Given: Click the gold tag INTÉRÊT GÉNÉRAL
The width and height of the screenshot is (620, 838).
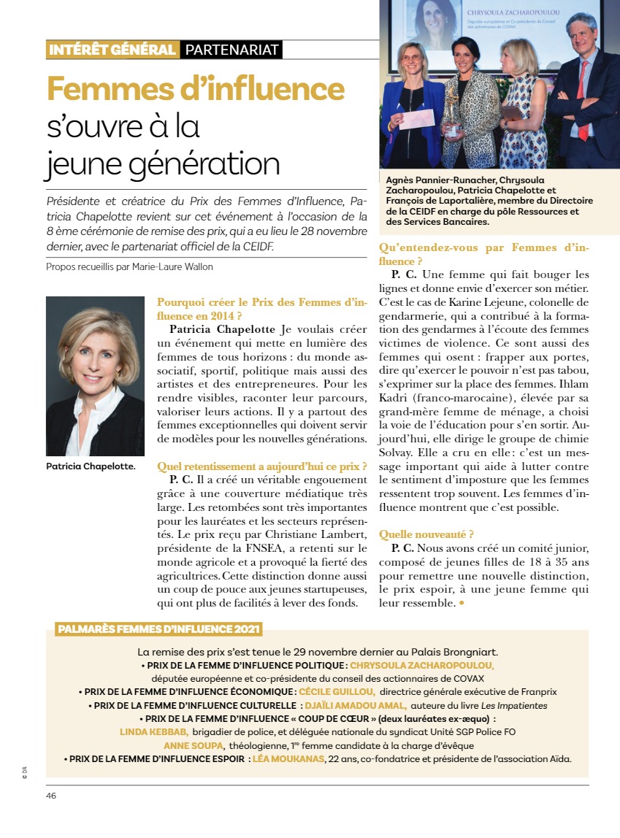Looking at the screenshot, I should [112, 50].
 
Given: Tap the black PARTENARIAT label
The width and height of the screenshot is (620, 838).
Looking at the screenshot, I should [231, 50].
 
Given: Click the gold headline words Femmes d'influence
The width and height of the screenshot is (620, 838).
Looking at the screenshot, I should [195, 89].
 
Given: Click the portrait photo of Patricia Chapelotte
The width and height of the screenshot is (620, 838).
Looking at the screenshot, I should [95, 375].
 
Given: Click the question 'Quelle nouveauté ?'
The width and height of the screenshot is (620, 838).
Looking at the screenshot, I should [426, 534].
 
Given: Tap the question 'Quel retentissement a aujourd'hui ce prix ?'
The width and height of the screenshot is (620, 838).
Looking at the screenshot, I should [261, 466].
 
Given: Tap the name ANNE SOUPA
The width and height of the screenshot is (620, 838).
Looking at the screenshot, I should [194, 745].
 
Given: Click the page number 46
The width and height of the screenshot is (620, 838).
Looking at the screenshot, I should [51, 795].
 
